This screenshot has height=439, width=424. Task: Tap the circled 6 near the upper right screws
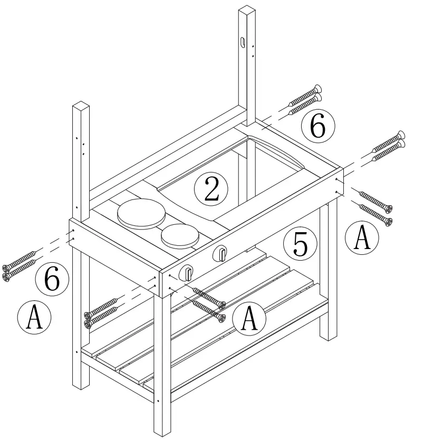[x=318, y=127]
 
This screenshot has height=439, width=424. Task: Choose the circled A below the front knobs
[x=249, y=318]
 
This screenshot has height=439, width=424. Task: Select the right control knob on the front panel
[x=220, y=255]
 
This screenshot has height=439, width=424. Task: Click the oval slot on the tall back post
[x=242, y=42]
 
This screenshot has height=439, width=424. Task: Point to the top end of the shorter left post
[x=81, y=105]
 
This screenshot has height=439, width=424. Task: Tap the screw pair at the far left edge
[x=20, y=269]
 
